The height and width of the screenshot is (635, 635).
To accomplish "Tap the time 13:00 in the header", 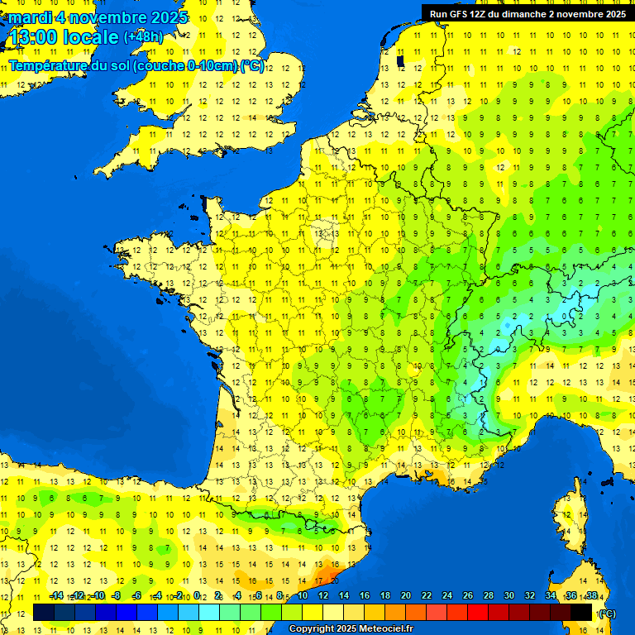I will coord(33,38).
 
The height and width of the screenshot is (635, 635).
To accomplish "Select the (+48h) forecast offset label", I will coord(143,37).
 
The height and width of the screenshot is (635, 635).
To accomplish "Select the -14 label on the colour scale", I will coord(57,596).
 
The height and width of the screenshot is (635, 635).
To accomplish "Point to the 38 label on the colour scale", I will coord(591,596).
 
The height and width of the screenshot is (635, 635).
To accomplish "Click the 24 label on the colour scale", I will coord(447,596).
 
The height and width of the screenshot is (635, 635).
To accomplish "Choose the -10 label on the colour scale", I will coord(98,596).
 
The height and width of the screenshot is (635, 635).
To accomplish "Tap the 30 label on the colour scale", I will coord(509,596).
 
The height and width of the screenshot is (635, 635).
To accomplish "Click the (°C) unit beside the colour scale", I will coord(608,614).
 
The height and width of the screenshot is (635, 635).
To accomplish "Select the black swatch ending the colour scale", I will coord(581,612).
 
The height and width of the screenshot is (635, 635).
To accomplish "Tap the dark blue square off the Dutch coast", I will coord(401,60).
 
